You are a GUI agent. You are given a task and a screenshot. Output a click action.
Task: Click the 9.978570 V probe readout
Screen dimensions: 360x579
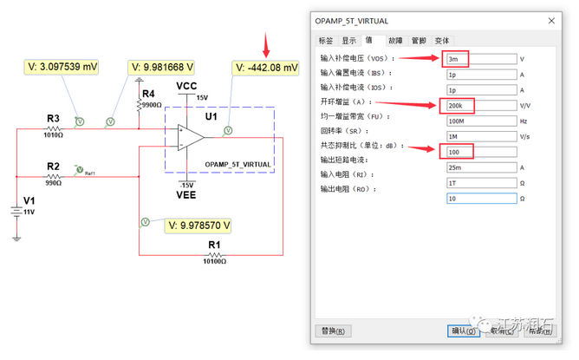point(198,226)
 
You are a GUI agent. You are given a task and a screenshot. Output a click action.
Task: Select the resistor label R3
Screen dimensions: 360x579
point(54,118)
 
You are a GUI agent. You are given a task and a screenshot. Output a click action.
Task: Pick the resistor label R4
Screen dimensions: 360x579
point(148,94)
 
